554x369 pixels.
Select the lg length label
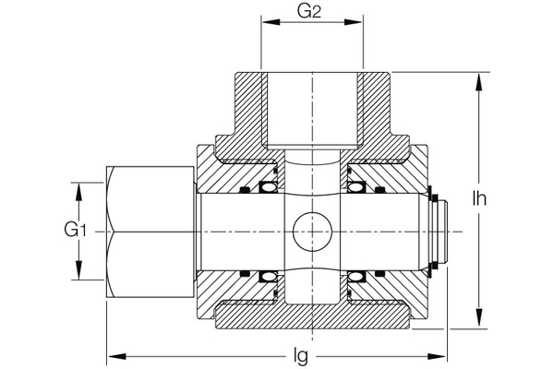[300, 353]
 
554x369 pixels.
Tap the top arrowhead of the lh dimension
[478, 77]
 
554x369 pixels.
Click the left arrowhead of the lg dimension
[114, 353]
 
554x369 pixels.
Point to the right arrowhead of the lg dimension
[442, 353]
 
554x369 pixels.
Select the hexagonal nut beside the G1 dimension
[151, 231]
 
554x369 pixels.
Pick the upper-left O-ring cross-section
[269, 187]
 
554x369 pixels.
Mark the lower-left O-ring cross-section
[269, 275]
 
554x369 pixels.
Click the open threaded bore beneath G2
[312, 111]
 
